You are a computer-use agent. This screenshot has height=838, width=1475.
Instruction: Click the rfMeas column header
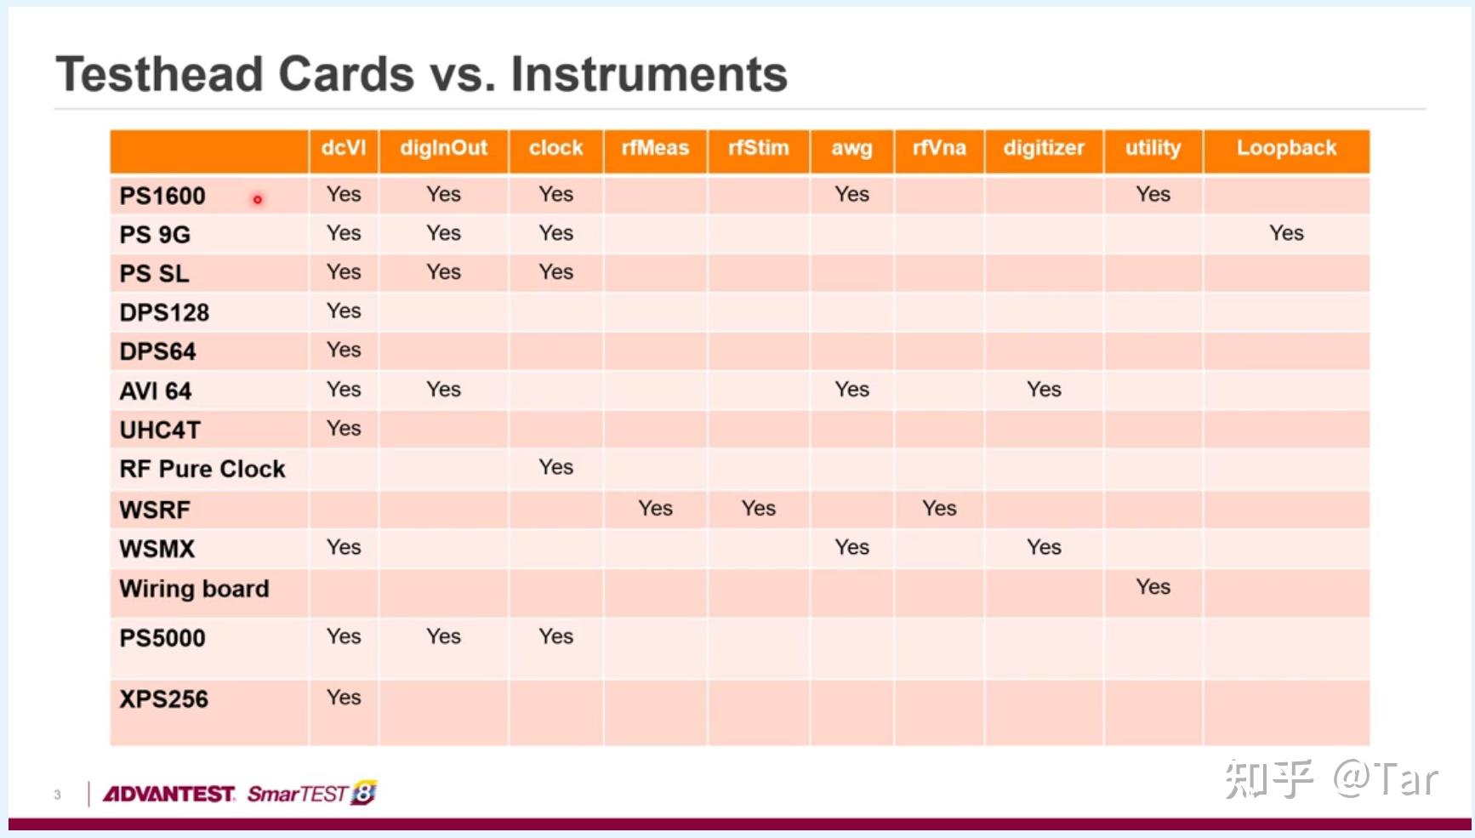click(655, 148)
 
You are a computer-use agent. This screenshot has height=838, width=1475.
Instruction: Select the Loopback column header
click(1286, 148)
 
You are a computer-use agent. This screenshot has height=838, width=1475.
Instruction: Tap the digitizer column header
click(1044, 148)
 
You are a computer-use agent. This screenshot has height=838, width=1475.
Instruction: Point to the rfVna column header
click(939, 148)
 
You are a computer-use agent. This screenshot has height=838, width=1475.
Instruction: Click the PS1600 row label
click(162, 196)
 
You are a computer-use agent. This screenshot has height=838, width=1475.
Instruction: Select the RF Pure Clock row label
click(202, 469)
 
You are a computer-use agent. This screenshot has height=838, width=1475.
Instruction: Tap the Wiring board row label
click(194, 589)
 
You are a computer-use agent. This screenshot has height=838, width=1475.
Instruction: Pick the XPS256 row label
click(163, 699)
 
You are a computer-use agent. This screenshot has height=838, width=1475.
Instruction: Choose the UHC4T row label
click(160, 430)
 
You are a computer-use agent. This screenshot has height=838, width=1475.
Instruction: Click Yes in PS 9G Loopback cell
click(1286, 233)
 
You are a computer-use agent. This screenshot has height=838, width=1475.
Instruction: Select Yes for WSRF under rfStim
click(758, 508)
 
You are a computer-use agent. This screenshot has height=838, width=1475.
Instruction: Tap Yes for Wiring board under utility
click(1153, 586)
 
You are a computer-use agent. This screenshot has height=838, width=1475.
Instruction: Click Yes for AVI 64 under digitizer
click(1044, 389)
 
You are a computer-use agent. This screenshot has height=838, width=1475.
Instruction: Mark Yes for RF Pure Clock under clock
click(555, 467)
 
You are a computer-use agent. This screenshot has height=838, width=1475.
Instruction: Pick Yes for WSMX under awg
click(851, 547)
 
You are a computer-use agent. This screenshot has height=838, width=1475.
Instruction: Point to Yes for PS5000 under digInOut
click(443, 636)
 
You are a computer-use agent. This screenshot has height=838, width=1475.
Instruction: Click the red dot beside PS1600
click(257, 200)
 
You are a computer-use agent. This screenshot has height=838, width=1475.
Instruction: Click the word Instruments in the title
click(649, 74)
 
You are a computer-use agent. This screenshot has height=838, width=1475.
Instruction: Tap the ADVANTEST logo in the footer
click(168, 794)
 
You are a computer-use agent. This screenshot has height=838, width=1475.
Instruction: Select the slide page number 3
click(57, 795)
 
